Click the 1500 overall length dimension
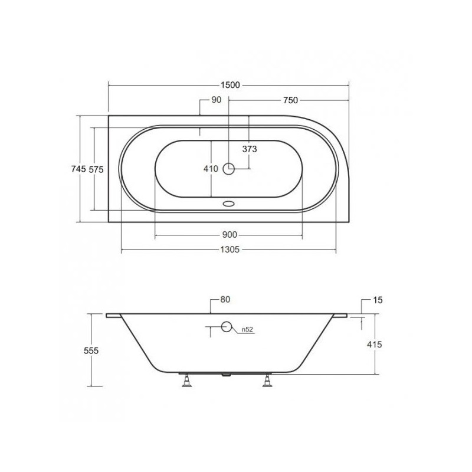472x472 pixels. coord(230,85)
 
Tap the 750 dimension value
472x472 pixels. coord(290,100)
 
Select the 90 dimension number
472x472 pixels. coord(216,100)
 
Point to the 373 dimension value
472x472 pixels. coord(250,149)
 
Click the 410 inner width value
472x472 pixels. coord(211,169)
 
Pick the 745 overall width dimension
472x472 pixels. coord(78,169)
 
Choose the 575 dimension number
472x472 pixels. coord(96,170)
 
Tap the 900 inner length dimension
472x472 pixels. coord(230,234)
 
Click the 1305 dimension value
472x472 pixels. coord(230,250)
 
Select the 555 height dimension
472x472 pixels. coord(91,350)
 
